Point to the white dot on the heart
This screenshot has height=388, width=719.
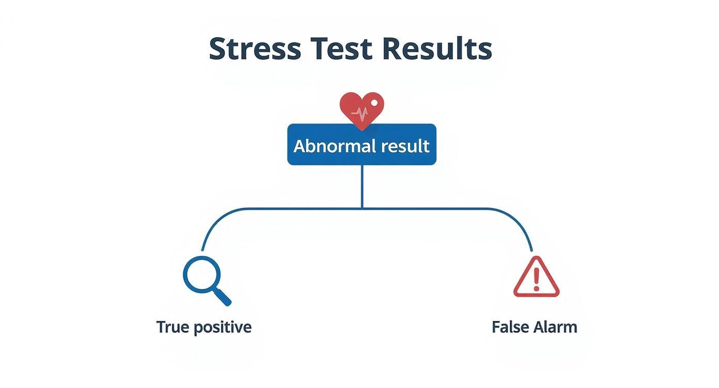coord(374,103)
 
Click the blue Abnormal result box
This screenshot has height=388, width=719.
coord(362,144)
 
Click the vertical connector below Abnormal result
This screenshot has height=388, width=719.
coord(362,187)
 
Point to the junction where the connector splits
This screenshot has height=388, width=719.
coord(362,209)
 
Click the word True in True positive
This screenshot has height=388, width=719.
coord(173,327)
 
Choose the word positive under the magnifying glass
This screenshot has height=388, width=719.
coord(223,328)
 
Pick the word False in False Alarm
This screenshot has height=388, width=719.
coord(509,327)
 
